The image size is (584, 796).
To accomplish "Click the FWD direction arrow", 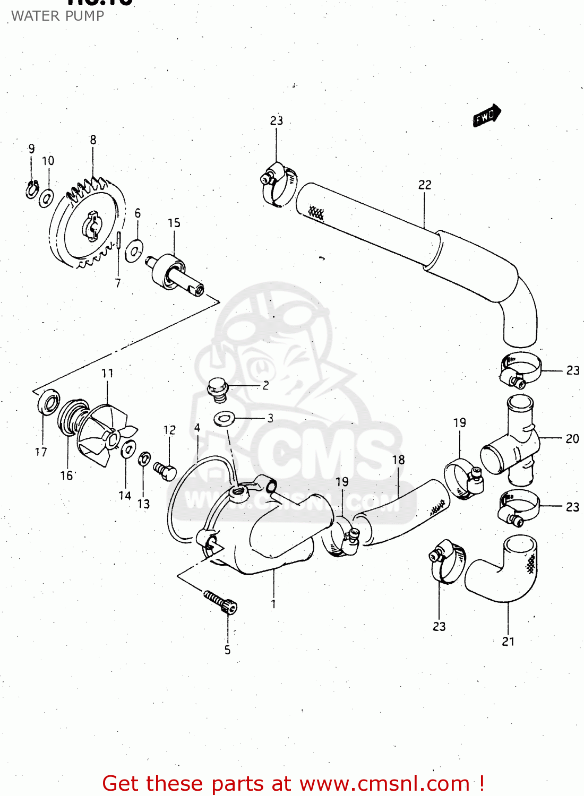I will (486, 116).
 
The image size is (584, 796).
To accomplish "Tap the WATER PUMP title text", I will (57, 16).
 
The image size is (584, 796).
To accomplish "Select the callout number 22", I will (425, 185).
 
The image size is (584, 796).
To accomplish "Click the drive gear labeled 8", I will (88, 223).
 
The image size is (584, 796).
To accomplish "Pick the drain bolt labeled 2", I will (217, 388).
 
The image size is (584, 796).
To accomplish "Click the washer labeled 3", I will (224, 419).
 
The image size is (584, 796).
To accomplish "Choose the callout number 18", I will (398, 460).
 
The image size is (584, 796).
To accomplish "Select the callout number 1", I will (273, 604).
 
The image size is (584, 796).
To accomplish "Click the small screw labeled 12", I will (165, 471).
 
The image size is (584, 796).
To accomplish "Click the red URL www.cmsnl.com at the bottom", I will (384, 783).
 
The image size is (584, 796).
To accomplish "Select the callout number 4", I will (197, 428).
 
